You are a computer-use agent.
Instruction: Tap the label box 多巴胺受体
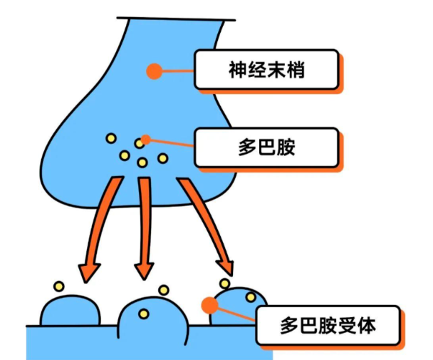[327, 328]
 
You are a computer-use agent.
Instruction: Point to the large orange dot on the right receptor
[209, 306]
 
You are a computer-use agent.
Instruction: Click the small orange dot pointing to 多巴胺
[145, 139]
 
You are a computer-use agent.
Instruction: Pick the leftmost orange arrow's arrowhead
[89, 271]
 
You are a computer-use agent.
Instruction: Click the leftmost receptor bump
[70, 311]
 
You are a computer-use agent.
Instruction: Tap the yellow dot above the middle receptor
[164, 290]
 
